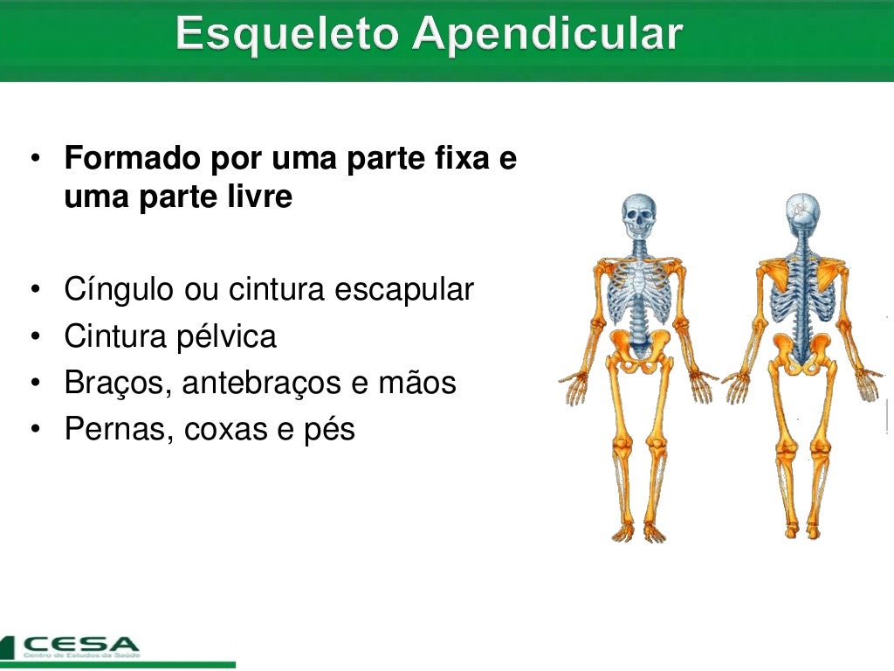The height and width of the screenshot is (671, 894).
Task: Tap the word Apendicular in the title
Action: point(548,35)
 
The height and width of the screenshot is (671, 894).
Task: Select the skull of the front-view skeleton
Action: point(638,214)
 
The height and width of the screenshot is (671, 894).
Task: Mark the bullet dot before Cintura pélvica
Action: point(35,336)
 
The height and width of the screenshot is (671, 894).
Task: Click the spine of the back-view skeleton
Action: point(800,306)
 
